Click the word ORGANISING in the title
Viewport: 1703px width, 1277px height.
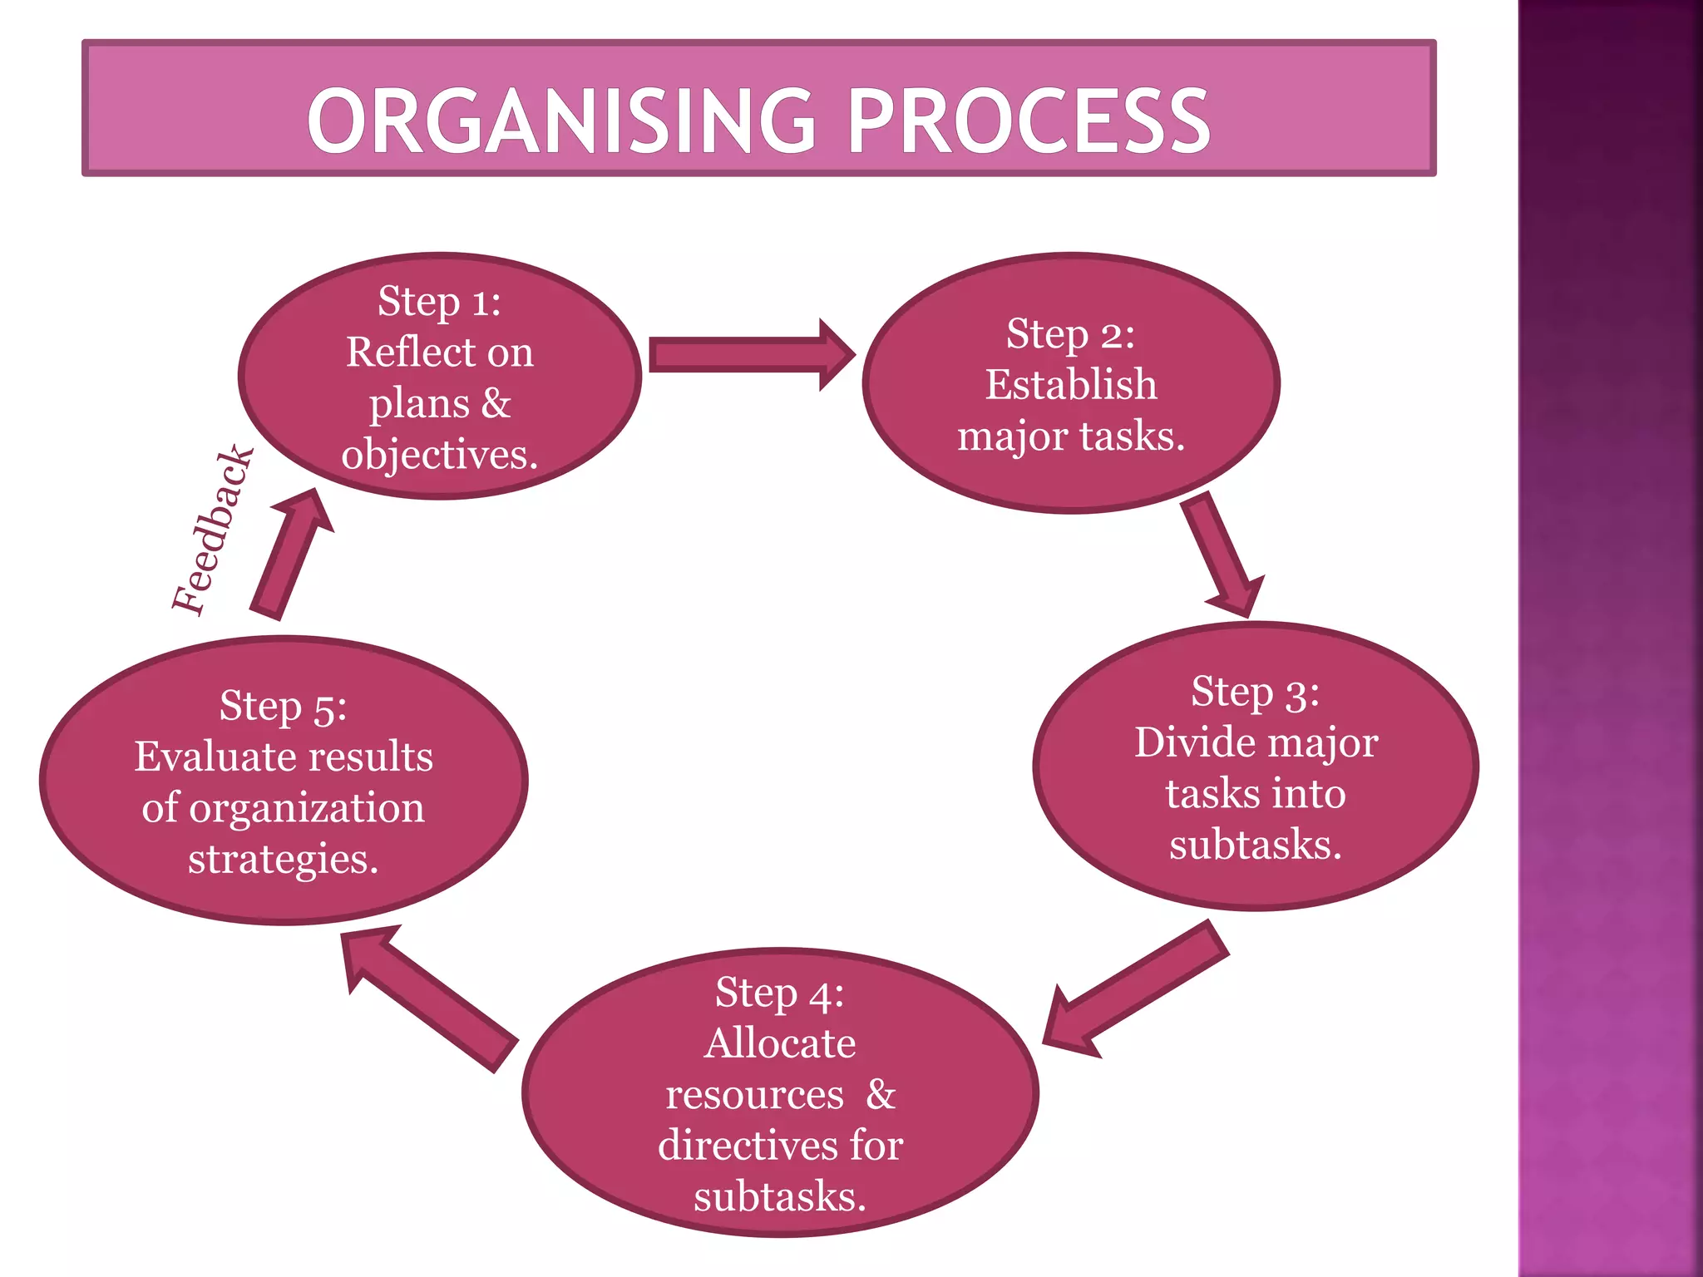click(561, 121)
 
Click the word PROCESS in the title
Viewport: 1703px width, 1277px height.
click(1028, 121)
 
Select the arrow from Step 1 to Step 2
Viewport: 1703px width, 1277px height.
click(748, 355)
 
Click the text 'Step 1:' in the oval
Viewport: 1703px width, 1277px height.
click(439, 301)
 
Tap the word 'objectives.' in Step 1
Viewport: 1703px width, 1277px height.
click(439, 455)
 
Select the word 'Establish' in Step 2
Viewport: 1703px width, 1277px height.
click(1071, 385)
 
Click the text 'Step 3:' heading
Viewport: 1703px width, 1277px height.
click(1255, 692)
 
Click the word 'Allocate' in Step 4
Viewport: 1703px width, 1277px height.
click(780, 1043)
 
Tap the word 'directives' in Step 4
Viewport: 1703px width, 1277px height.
click(748, 1146)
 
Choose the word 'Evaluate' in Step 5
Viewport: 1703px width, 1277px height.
click(216, 757)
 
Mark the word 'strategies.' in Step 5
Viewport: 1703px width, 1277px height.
click(283, 860)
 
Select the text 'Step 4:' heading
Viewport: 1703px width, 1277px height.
click(779, 993)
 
